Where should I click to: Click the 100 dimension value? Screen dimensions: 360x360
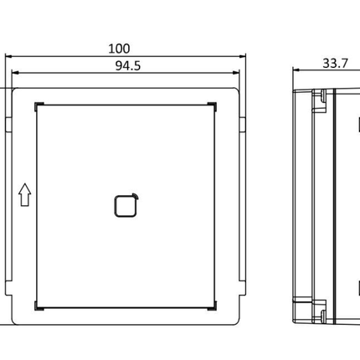point(125,50)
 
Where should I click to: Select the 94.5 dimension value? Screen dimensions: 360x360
point(125,67)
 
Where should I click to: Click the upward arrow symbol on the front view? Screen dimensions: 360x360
point(24,197)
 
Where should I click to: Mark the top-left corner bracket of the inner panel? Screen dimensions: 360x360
point(39,105)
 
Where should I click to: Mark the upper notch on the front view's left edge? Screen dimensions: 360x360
point(8,125)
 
